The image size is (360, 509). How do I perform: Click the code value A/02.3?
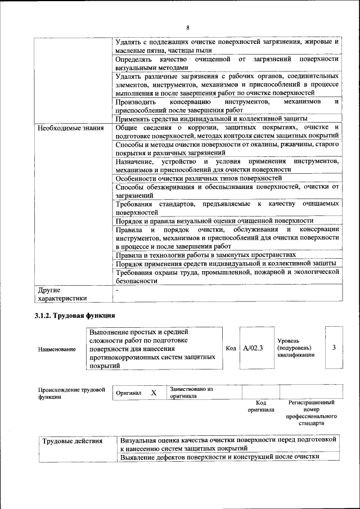click(x=253, y=348)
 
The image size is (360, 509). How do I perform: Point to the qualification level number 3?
click(x=334, y=348)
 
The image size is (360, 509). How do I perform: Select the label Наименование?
click(x=57, y=349)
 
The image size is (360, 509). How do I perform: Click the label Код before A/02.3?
click(x=231, y=348)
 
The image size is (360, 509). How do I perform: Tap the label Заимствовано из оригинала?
click(x=192, y=392)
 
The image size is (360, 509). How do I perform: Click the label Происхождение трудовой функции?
click(x=71, y=393)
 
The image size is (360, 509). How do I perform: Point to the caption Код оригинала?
click(x=260, y=406)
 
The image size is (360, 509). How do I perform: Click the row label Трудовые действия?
click(x=73, y=441)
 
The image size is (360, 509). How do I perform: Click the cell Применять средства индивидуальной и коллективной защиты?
click(x=211, y=119)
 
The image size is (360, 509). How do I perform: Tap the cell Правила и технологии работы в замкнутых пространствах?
click(x=206, y=254)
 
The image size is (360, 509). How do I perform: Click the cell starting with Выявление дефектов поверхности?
click(x=220, y=457)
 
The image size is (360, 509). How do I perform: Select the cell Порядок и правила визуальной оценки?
click(x=214, y=220)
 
